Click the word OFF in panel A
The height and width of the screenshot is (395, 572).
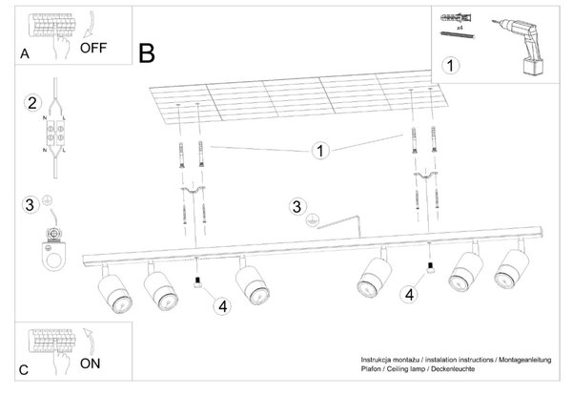[93, 48]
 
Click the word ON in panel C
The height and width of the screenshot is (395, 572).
[90, 364]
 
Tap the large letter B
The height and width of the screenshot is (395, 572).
[147, 53]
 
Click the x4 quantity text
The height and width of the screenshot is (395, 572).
[460, 28]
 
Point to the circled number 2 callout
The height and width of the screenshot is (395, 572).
[32, 103]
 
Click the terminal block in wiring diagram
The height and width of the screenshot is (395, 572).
[55, 134]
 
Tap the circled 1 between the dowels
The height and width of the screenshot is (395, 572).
[320, 151]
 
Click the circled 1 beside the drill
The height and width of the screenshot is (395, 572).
[451, 66]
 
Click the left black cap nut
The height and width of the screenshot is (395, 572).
[198, 282]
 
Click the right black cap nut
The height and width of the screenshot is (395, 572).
[431, 268]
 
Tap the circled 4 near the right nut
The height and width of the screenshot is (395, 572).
[409, 294]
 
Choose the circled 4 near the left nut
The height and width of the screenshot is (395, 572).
[222, 306]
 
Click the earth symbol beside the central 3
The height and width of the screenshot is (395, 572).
[313, 219]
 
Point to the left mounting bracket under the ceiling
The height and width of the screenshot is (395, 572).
[193, 190]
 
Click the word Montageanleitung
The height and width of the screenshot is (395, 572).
[525, 360]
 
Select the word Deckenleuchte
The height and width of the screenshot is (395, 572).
[453, 369]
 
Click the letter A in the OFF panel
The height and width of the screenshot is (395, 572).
[25, 54]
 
